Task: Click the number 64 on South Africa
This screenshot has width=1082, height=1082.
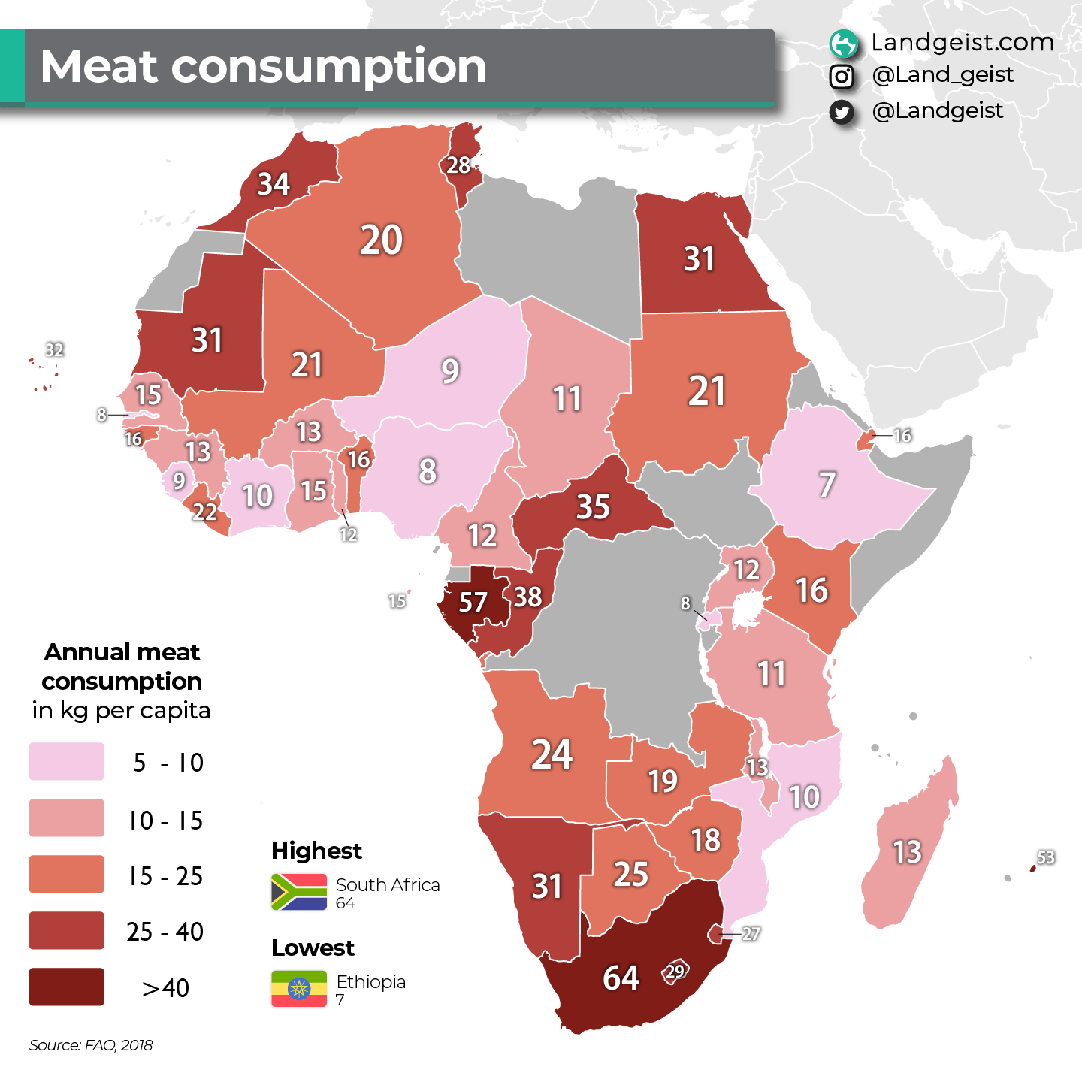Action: pyautogui.click(x=621, y=978)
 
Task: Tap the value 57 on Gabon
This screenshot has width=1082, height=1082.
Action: pyautogui.click(x=473, y=602)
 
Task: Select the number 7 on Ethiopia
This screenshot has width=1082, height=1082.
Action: pyautogui.click(x=827, y=485)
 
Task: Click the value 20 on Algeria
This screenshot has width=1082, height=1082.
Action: pyautogui.click(x=381, y=240)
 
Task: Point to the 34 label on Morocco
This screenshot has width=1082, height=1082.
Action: pyautogui.click(x=274, y=184)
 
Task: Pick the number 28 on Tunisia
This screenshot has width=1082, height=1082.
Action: pyautogui.click(x=458, y=165)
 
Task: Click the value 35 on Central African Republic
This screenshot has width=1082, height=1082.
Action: pyautogui.click(x=593, y=507)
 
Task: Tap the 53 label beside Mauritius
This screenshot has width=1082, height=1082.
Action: pyautogui.click(x=1046, y=857)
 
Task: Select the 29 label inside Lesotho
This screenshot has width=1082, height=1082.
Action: pyautogui.click(x=675, y=971)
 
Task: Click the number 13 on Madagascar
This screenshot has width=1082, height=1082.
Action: pyautogui.click(x=907, y=852)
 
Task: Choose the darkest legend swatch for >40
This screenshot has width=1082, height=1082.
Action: pyautogui.click(x=66, y=987)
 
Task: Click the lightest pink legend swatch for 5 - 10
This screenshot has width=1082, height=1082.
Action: pyautogui.click(x=66, y=761)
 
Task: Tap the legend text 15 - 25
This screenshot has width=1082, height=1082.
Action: pyautogui.click(x=165, y=876)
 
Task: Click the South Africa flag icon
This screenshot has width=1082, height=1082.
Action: pyautogui.click(x=299, y=892)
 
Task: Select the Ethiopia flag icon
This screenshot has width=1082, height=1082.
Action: pyautogui.click(x=299, y=989)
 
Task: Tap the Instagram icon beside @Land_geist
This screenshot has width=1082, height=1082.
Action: pyautogui.click(x=842, y=76)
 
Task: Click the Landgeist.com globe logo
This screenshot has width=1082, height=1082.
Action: pyautogui.click(x=843, y=44)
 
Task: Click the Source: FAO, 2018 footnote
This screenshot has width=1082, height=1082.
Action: pyautogui.click(x=91, y=1045)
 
